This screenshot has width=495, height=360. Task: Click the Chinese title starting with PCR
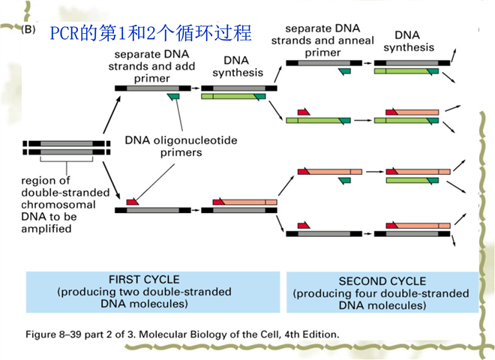click(151, 32)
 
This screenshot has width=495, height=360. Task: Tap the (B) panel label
click(28, 29)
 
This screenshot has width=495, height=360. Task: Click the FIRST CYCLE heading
click(144, 280)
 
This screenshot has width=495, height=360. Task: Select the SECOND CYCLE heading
click(382, 281)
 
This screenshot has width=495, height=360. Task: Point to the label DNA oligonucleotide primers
click(181, 146)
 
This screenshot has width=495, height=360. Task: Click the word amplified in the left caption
click(46, 229)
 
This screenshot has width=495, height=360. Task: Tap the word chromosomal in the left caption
click(58, 205)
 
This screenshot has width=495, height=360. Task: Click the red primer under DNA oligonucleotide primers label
click(132, 202)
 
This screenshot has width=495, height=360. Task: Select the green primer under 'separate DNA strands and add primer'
click(173, 97)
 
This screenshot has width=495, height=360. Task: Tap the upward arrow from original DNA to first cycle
click(112, 115)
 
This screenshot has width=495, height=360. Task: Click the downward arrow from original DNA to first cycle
click(112, 180)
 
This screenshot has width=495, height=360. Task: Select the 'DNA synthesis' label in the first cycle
click(238, 67)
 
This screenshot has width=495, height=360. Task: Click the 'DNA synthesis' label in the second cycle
click(409, 41)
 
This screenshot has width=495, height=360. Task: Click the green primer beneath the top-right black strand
click(344, 72)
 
